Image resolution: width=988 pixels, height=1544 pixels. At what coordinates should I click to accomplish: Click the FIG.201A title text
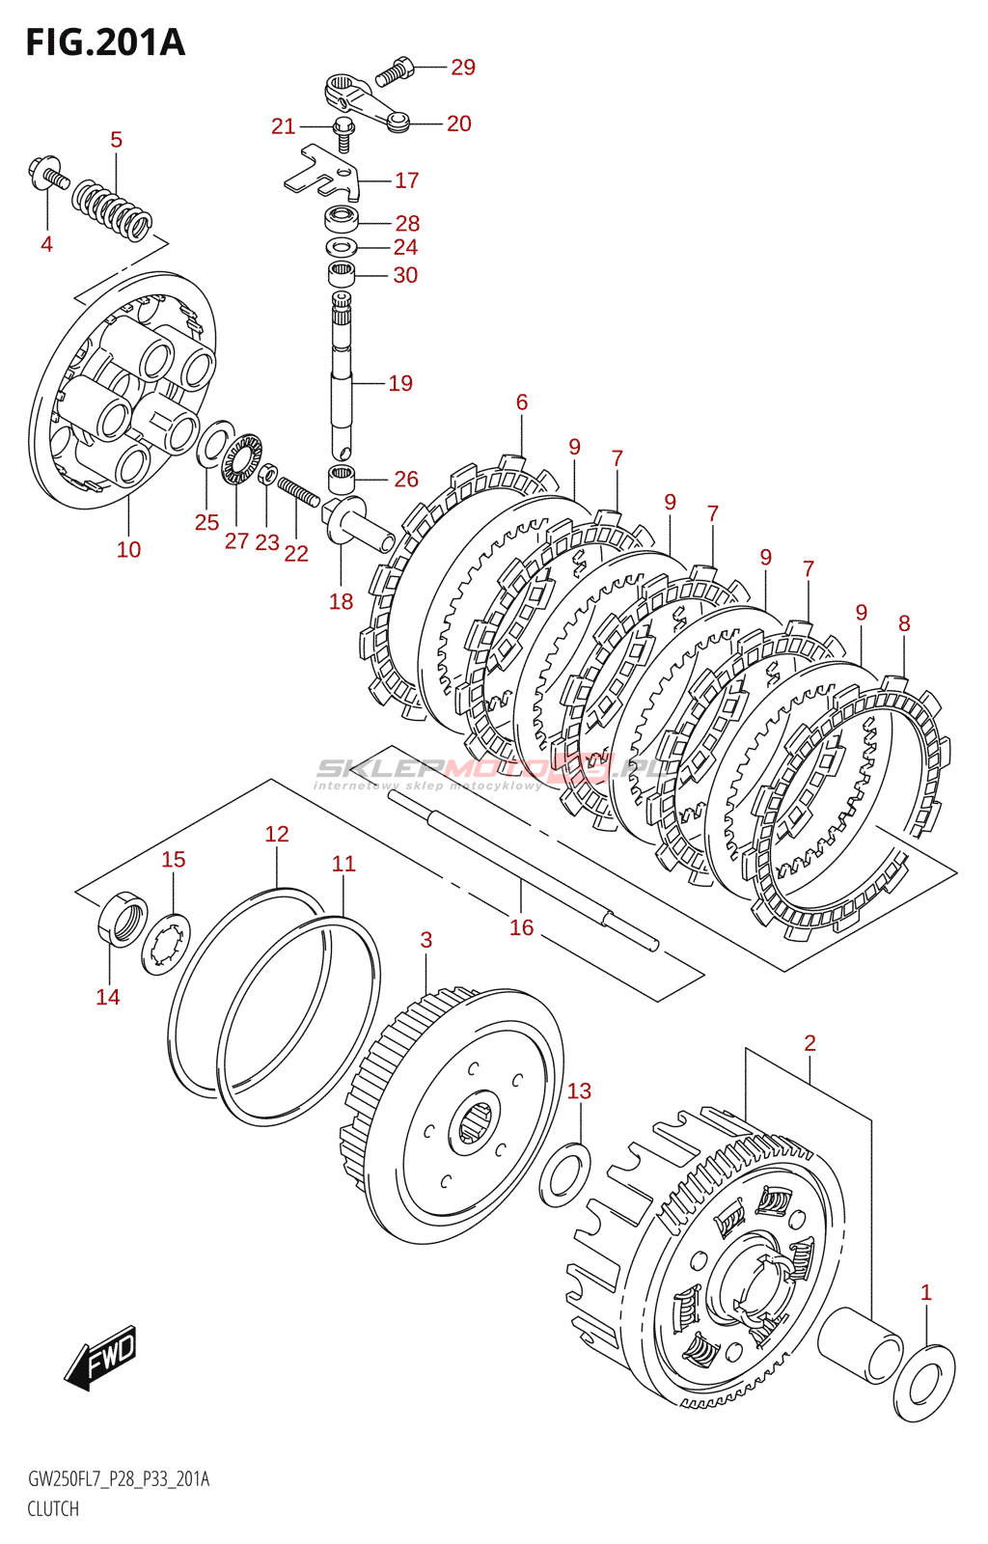[104, 42]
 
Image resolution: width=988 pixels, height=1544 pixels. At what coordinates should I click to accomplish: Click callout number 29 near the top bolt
[463, 68]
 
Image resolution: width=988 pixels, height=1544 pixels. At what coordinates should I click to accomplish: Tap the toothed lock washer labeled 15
[166, 945]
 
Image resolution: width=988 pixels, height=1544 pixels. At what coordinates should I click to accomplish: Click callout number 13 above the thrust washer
[579, 1091]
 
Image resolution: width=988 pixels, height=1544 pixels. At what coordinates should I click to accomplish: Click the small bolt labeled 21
[342, 129]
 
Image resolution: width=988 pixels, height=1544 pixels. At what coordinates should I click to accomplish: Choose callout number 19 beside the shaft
[400, 384]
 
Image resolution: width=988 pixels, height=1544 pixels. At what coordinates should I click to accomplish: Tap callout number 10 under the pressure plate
[128, 550]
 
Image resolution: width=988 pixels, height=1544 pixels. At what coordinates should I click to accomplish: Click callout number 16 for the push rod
[521, 928]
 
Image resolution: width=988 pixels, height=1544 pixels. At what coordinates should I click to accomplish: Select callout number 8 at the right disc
[904, 624]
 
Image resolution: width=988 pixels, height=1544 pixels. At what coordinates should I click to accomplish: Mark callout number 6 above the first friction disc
[522, 402]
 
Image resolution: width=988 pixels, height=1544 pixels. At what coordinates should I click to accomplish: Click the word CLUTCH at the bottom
[53, 1509]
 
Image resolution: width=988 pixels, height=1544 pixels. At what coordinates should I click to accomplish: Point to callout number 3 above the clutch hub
[426, 940]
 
